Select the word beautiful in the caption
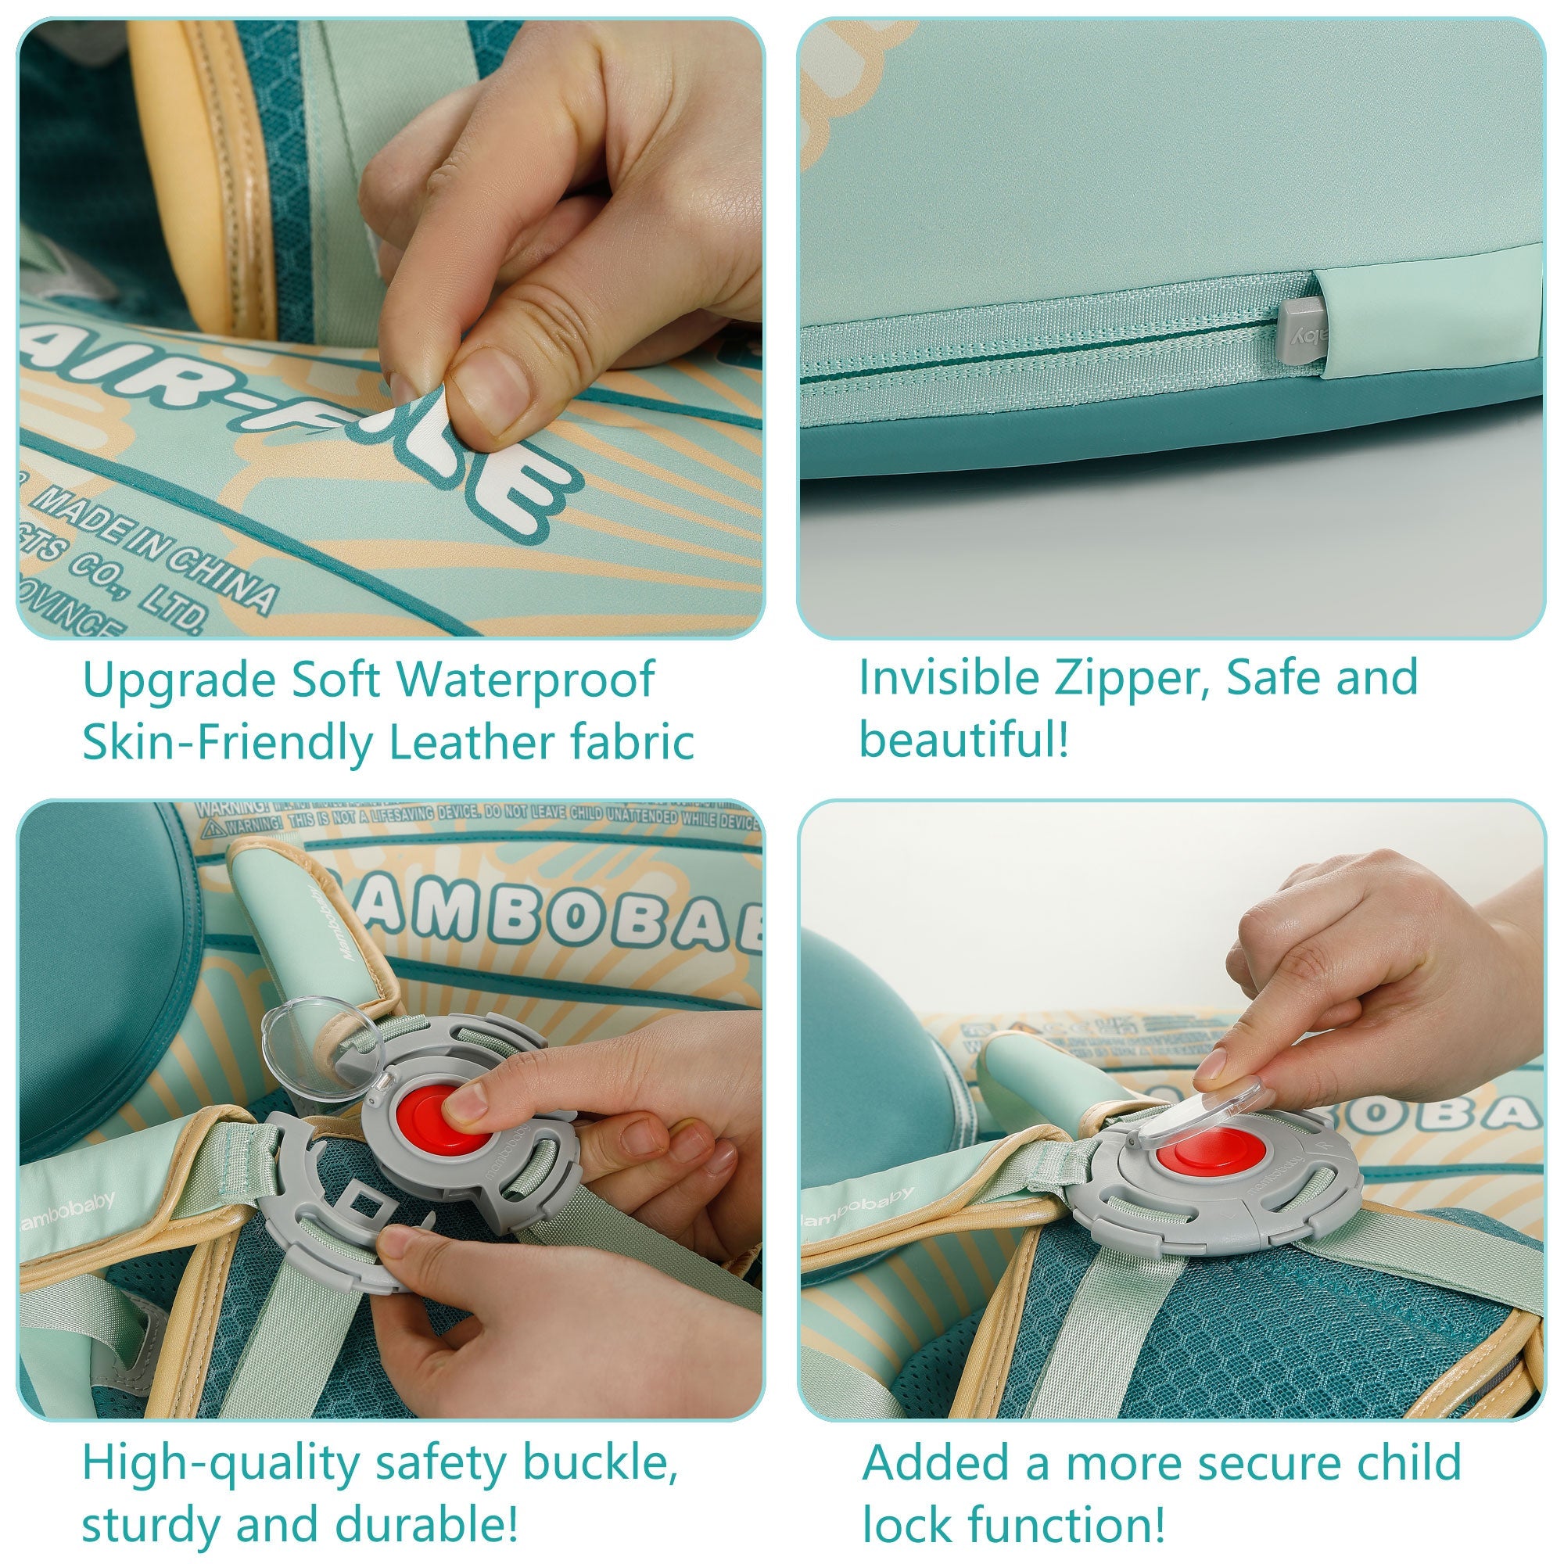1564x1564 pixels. coord(963,740)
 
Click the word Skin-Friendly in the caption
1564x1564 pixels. coord(228,742)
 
